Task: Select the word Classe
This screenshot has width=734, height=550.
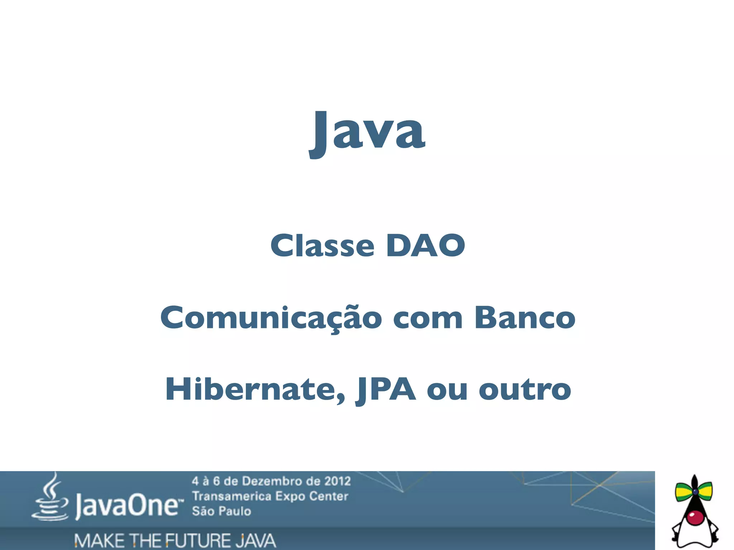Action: (323, 246)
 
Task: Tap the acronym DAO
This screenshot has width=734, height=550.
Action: (425, 246)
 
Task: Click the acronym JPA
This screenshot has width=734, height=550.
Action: (386, 389)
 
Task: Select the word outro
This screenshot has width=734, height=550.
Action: (525, 389)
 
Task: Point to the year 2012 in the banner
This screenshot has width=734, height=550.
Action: (337, 481)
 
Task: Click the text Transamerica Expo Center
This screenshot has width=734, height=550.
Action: (270, 496)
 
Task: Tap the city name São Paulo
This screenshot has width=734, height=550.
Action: (221, 511)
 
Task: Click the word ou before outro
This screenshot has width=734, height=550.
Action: (447, 389)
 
